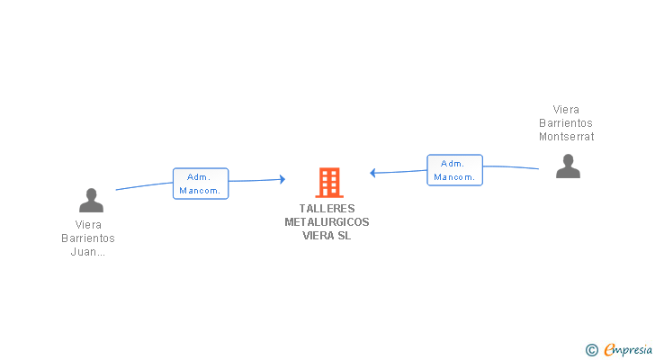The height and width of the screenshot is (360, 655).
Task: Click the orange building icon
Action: pyautogui.click(x=328, y=183)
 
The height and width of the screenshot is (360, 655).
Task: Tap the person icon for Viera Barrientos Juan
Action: pyautogui.click(x=91, y=200)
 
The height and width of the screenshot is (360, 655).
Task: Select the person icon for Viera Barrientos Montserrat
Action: pyautogui.click(x=568, y=166)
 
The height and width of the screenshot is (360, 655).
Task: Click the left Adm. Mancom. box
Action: pyautogui.click(x=201, y=184)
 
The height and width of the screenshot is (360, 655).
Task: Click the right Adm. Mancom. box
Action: pyautogui.click(x=454, y=170)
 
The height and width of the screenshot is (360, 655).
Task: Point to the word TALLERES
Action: pyautogui.click(x=327, y=209)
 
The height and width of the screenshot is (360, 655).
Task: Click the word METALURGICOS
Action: pyautogui.click(x=327, y=222)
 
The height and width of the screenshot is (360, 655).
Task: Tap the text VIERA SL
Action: pyautogui.click(x=327, y=236)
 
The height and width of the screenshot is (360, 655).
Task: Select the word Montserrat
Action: pyautogui.click(x=566, y=137)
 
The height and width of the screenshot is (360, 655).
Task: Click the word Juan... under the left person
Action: pyautogui.click(x=88, y=252)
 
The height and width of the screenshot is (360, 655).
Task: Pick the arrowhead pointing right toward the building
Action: pyautogui.click(x=282, y=180)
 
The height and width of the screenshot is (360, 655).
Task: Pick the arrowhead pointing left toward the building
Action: pyautogui.click(x=373, y=173)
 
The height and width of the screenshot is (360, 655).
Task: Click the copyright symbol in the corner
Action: pyautogui.click(x=591, y=349)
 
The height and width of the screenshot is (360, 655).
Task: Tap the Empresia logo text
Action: pyautogui.click(x=628, y=349)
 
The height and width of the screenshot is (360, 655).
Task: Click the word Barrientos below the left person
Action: pyautogui.click(x=88, y=238)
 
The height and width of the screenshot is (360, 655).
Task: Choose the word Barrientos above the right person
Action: pyautogui.click(x=566, y=123)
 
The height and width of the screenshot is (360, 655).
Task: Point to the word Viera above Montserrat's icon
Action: pyautogui.click(x=566, y=110)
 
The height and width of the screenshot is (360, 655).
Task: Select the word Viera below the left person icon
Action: pyautogui.click(x=88, y=225)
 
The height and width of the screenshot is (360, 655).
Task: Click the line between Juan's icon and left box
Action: pyautogui.click(x=144, y=185)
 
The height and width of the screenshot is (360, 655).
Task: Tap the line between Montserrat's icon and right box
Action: pyautogui.click(x=511, y=167)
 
